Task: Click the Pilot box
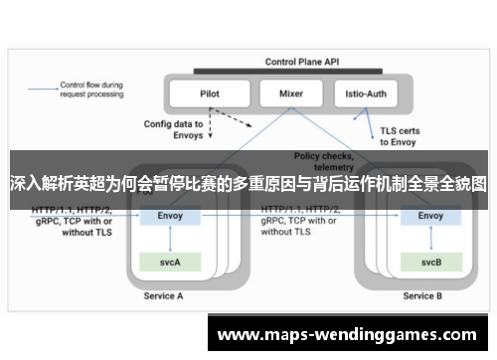pos(210,94)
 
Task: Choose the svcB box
pos(430,263)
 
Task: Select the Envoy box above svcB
pos(430,215)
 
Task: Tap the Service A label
pos(164,295)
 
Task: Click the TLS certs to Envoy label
pos(404,134)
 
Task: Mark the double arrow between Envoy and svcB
pos(430,239)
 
